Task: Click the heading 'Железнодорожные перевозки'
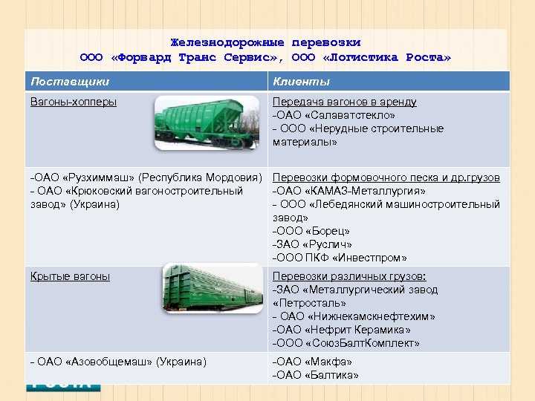coord(265,42)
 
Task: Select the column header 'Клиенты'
coord(301,81)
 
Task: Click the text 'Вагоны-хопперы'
coord(74,102)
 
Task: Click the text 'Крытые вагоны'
coord(70,276)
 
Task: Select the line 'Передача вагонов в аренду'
coord(345,102)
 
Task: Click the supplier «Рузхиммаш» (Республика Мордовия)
coord(146,178)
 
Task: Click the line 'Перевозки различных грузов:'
coord(348,276)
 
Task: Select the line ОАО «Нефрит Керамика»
coord(342,330)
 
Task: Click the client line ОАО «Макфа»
coord(313,362)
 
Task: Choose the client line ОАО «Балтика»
coord(316,375)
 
